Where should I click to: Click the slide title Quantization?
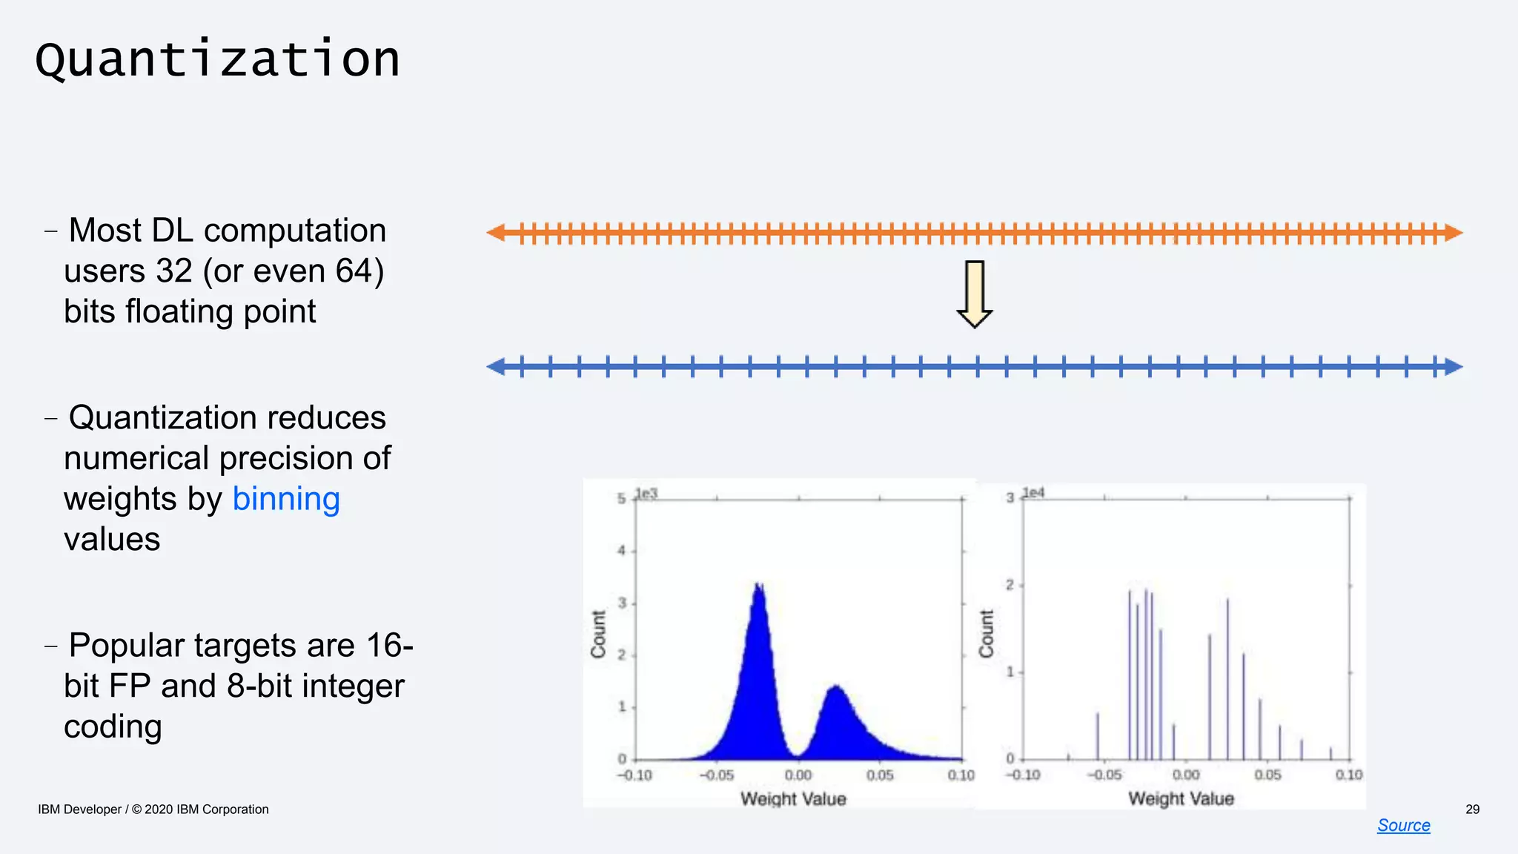[x=217, y=59]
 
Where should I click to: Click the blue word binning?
[x=286, y=499]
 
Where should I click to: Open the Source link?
[x=1403, y=825]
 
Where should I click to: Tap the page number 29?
[x=1472, y=810]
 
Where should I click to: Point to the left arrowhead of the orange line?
[x=495, y=233]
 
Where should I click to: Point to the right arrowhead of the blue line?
[x=1454, y=366]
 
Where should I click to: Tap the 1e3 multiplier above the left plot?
[x=646, y=494]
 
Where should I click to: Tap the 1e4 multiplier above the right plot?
[x=1033, y=493]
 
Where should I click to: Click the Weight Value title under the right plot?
[x=1181, y=798]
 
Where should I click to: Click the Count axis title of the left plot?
[x=598, y=634]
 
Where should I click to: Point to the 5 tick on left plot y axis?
[x=621, y=499]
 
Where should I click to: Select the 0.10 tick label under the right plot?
[x=1348, y=775]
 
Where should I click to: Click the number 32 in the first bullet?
[x=174, y=271]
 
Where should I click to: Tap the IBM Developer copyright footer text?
[x=153, y=810]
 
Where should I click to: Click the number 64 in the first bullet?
[x=354, y=271]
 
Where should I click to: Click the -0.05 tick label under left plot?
[x=716, y=775]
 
